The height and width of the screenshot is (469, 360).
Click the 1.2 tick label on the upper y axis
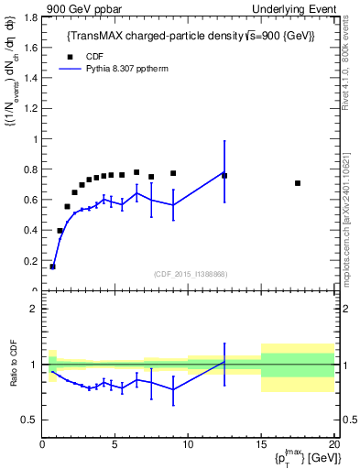tap(30, 109)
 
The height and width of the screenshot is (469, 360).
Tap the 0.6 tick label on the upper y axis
tap(30, 200)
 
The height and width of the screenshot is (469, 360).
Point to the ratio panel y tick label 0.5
tap(30, 420)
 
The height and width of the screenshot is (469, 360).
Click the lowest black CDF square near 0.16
tap(52, 267)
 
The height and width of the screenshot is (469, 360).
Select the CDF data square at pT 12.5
tap(224, 176)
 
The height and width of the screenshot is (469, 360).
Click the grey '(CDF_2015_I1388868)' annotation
tap(190, 273)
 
